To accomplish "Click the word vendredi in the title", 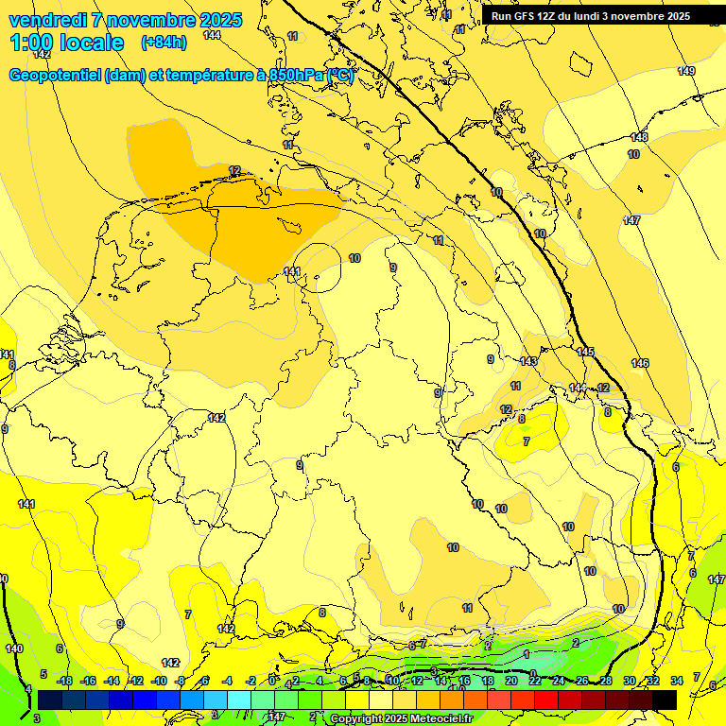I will (x=48, y=20).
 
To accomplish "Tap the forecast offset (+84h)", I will (x=164, y=43).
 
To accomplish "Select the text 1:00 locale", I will (x=67, y=43).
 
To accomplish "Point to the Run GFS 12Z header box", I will (x=591, y=16).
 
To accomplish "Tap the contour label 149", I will (x=686, y=72).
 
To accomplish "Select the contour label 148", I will (x=640, y=137).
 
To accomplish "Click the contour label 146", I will (x=640, y=363).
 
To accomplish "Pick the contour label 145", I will (x=585, y=352).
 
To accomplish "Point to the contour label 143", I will (x=528, y=361).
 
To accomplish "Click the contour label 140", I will (x=13, y=648).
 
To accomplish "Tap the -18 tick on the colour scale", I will (x=64, y=681).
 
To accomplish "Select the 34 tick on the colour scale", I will (x=676, y=681).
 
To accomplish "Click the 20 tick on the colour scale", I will (x=510, y=681).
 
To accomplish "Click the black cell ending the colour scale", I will (x=665, y=700).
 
